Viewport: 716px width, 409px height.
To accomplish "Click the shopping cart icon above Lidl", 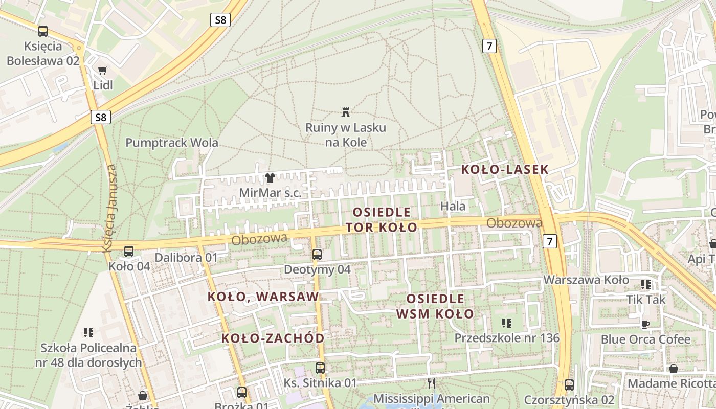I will tap(103, 70).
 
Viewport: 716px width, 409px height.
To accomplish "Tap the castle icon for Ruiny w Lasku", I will tap(346, 112).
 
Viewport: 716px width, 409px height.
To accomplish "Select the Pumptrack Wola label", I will tap(172, 143).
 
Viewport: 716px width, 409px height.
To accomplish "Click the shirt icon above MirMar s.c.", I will tap(270, 178).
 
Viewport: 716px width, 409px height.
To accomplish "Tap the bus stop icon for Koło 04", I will tap(129, 252).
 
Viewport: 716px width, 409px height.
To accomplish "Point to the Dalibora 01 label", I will tap(186, 257).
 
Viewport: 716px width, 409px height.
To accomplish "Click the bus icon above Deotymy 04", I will tap(317, 254).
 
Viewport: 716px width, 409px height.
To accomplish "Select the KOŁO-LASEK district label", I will tap(504, 170).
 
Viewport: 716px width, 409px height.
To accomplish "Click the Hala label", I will tap(453, 207).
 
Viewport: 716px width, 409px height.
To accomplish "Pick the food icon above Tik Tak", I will tap(646, 285).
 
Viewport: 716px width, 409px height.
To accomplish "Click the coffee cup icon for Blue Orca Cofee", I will tap(645, 324).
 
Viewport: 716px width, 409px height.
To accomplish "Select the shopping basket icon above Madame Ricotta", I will tap(674, 369).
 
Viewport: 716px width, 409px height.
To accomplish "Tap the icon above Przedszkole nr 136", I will tap(507, 323).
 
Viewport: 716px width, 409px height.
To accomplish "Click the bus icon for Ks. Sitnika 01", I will tap(320, 368).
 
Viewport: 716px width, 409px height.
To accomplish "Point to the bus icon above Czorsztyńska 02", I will tap(569, 384).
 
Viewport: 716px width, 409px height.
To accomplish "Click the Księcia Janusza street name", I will tap(109, 208).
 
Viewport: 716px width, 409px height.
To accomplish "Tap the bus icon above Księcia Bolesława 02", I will tap(43, 31).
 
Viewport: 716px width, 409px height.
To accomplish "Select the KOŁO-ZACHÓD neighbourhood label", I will tap(273, 338).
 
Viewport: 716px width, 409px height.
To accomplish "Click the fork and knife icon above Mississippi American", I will tap(432, 383).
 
